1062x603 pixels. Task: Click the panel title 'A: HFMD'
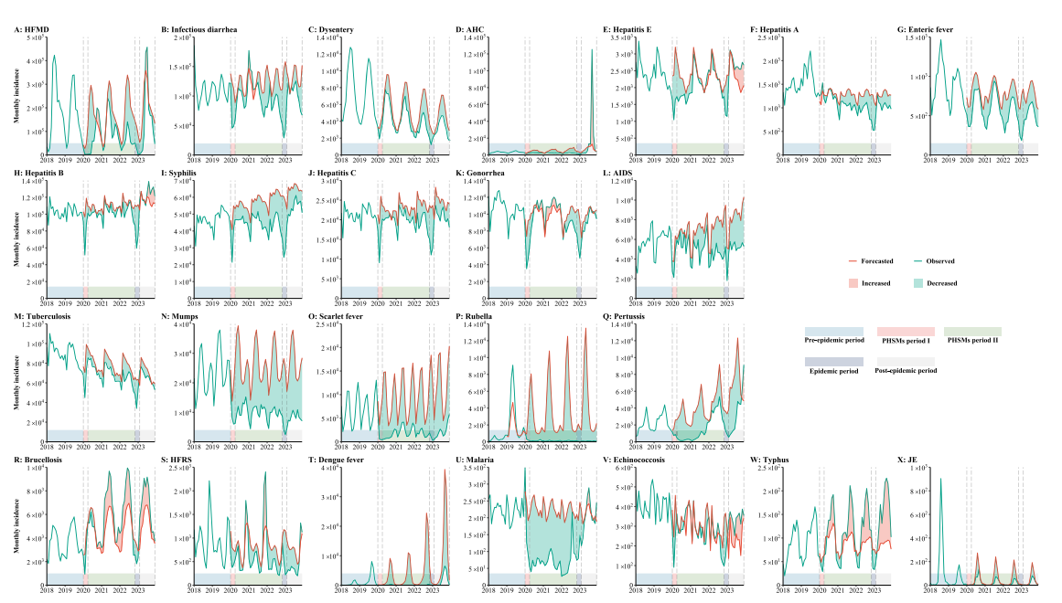coord(32,30)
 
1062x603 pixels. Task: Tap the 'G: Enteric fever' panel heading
coord(926,30)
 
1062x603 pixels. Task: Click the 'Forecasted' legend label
coord(877,260)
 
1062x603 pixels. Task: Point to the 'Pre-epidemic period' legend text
coord(833,341)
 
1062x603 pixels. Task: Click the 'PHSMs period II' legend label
coord(972,341)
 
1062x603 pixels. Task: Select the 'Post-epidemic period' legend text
coord(906,371)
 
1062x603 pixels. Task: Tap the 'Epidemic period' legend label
coord(833,371)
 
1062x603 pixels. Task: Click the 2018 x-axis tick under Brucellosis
coord(47,591)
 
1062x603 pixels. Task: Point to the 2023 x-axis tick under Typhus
coord(874,591)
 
